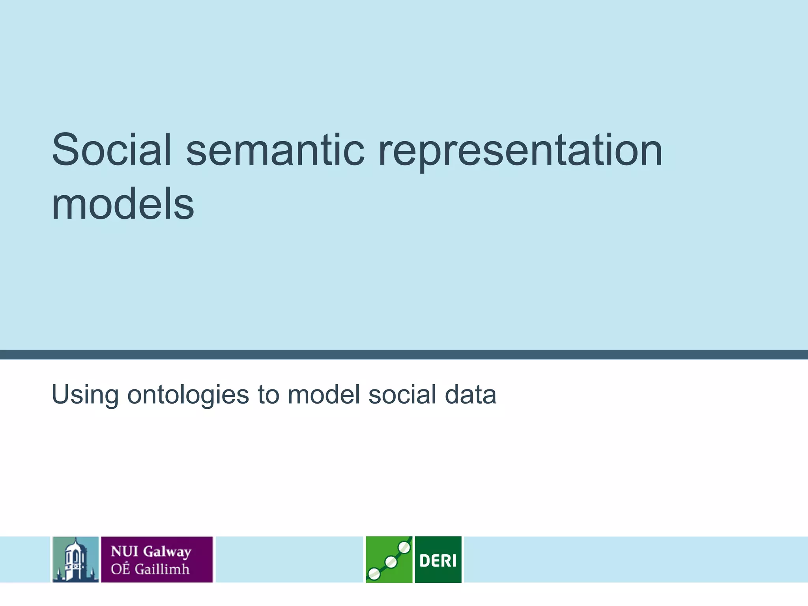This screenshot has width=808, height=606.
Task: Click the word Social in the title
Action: pos(112,150)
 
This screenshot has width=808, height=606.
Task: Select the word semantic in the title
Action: pos(275,150)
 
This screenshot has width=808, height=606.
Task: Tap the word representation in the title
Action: pos(520,152)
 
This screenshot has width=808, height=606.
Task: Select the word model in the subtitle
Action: pos(324,394)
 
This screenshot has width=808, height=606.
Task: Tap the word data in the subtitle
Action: pos(470,394)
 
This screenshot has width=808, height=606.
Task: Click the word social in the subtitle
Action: pos(402,394)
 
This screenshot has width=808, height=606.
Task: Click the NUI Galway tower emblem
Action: pos(75,559)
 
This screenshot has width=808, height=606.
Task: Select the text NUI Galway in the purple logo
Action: pos(151,551)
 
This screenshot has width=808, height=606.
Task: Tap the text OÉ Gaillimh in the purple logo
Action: pos(150,569)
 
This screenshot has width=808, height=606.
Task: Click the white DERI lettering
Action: pos(438,560)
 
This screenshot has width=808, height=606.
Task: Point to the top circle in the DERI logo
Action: pos(404,547)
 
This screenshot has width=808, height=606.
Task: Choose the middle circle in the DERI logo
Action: pos(391,562)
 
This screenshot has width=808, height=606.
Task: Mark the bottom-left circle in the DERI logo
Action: pos(374,574)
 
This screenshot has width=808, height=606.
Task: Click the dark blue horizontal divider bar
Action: pos(404,354)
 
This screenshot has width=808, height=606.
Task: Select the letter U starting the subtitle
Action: pos(60,394)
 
